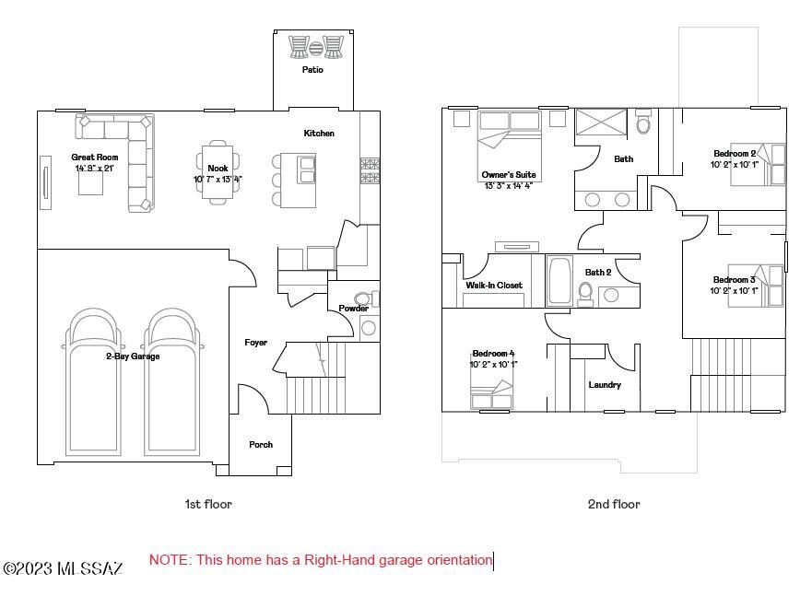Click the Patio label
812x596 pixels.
click(312, 69)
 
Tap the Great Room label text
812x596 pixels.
click(95, 157)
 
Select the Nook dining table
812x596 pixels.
click(218, 172)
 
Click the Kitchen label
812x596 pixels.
click(319, 133)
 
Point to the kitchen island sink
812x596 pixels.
click(307, 170)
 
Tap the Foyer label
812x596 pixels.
click(256, 343)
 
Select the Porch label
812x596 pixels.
click(261, 444)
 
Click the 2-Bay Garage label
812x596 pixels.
click(133, 356)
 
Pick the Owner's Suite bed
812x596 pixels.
click(510, 146)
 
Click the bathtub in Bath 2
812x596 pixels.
click(559, 281)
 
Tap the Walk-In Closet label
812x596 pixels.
click(494, 285)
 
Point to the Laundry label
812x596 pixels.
click(605, 384)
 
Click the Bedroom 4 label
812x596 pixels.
click(493, 354)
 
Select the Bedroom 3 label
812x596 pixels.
click(734, 280)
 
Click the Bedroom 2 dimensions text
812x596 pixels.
click(734, 165)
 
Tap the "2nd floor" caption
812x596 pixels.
click(614, 504)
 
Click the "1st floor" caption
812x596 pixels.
click(208, 504)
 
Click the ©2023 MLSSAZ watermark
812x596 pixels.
click(64, 568)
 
